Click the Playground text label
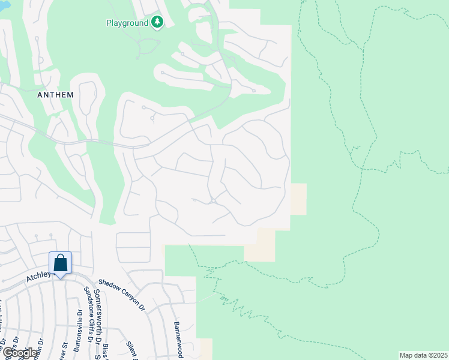tap(127, 23)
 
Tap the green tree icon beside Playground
tap(157, 22)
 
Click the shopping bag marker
tap(60, 263)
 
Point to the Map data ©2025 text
tap(423, 355)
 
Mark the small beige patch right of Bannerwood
tap(205, 349)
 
